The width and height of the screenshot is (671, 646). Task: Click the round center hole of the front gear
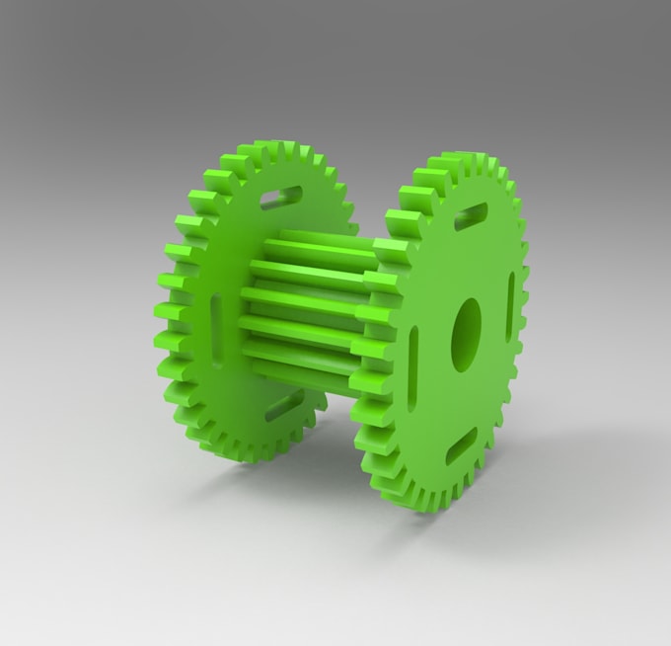[466, 335]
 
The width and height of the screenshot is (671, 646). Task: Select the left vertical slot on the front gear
[412, 367]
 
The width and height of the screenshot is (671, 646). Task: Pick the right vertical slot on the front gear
[510, 306]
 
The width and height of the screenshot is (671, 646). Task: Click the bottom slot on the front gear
[461, 446]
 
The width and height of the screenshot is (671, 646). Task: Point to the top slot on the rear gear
[281, 198]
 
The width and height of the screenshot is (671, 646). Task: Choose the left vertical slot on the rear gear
[217, 316]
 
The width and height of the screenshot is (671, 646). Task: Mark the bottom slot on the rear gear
[284, 405]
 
